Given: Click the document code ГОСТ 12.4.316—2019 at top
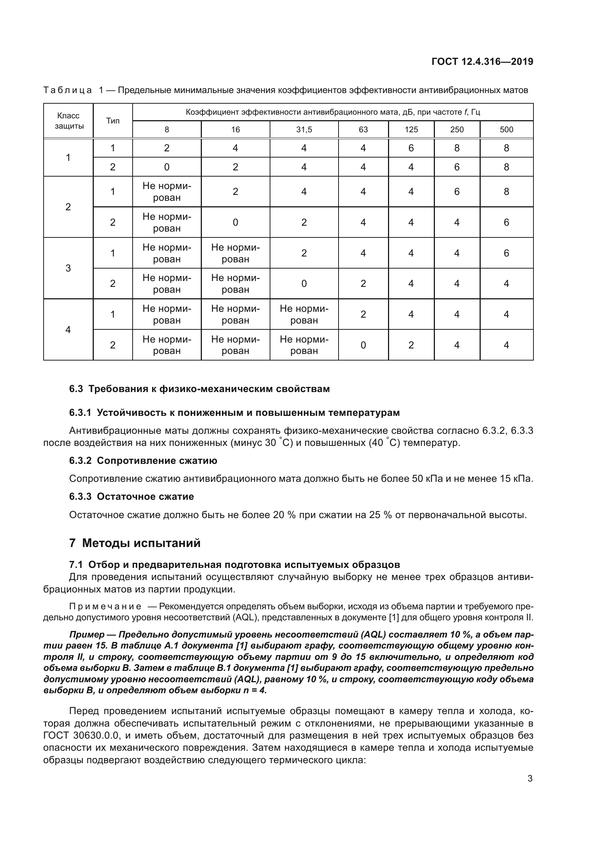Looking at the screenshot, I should tap(482, 62).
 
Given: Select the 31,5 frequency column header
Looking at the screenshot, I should tap(304, 129).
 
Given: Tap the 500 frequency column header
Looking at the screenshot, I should tap(506, 129).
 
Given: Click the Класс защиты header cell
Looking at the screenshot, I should tap(68, 121).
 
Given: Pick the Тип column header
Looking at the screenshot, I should tap(113, 121).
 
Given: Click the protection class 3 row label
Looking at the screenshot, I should tap(68, 268).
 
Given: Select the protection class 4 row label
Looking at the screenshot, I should tap(68, 330).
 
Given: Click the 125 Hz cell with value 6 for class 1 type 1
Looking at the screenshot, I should tap(411, 148).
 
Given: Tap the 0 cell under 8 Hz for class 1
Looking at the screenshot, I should tap(167, 167).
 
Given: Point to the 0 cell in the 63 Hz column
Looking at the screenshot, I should tap(363, 345).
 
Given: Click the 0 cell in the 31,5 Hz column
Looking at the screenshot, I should tap(304, 284).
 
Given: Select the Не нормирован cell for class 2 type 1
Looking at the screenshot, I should tap(167, 192).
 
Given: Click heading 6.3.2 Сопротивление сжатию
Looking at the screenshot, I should tap(143, 461).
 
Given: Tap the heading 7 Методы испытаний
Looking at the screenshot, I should tap(135, 543).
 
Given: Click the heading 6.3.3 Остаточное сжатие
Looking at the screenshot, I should tap(132, 496).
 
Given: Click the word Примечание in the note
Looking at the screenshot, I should tap(105, 606).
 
